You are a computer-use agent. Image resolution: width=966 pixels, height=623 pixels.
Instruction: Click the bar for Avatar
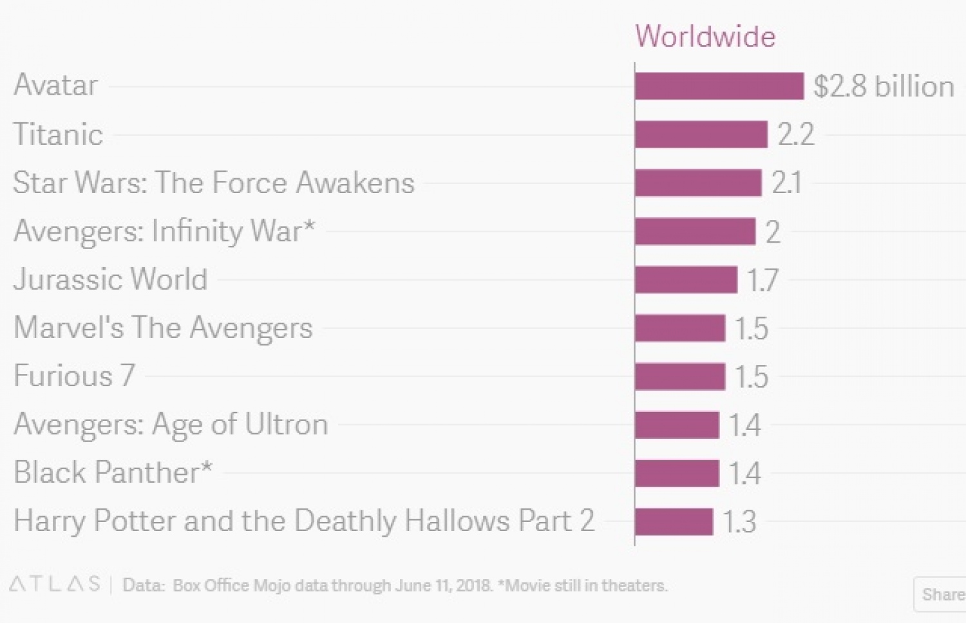(x=719, y=86)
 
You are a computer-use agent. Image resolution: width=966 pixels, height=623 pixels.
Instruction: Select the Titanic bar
(x=701, y=135)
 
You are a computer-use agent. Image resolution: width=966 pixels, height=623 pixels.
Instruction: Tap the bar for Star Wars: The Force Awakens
(x=698, y=183)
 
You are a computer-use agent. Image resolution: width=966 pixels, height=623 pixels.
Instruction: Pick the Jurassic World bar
(x=686, y=280)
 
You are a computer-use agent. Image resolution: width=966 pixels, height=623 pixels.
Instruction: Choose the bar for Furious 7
(x=680, y=377)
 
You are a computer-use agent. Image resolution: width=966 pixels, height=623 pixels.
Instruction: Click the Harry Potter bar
(x=674, y=521)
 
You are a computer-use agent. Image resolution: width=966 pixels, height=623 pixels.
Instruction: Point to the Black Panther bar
(x=677, y=473)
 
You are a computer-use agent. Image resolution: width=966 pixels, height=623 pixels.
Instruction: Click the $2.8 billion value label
(x=884, y=86)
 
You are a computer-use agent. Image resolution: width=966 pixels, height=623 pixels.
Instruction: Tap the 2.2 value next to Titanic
(x=796, y=135)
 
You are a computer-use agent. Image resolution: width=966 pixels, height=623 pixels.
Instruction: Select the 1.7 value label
(x=763, y=280)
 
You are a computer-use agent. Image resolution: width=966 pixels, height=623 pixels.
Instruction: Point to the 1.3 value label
(x=739, y=521)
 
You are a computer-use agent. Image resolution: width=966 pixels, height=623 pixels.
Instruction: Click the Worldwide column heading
(x=705, y=36)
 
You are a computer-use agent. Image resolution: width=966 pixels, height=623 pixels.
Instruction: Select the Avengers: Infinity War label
(x=164, y=231)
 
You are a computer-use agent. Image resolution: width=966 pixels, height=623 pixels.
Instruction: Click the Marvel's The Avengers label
(x=163, y=328)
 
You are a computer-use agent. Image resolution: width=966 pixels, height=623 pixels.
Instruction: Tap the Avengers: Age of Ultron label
(x=171, y=425)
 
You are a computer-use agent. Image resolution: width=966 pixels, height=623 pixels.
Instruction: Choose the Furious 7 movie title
(x=74, y=376)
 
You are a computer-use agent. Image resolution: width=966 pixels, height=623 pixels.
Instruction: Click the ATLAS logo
(x=55, y=584)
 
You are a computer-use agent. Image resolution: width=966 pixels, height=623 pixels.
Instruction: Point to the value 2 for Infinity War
(x=773, y=232)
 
